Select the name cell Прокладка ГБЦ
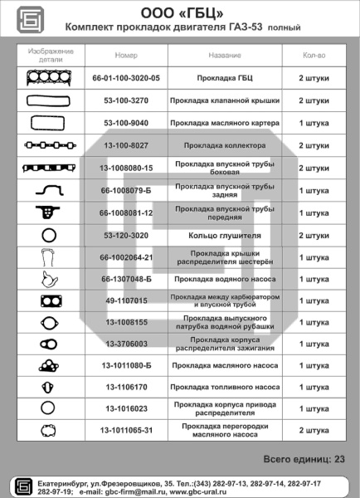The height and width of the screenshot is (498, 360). point(225,77)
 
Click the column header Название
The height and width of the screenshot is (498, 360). point(225,55)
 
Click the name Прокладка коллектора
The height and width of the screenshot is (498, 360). point(225,144)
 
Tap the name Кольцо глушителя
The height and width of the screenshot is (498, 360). point(225,235)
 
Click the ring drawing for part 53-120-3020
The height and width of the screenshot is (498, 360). point(48,235)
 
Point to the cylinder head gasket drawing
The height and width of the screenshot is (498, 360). point(48,77)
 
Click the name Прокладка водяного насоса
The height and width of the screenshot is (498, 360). point(225,279)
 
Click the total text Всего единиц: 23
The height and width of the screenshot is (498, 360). point(304,458)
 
